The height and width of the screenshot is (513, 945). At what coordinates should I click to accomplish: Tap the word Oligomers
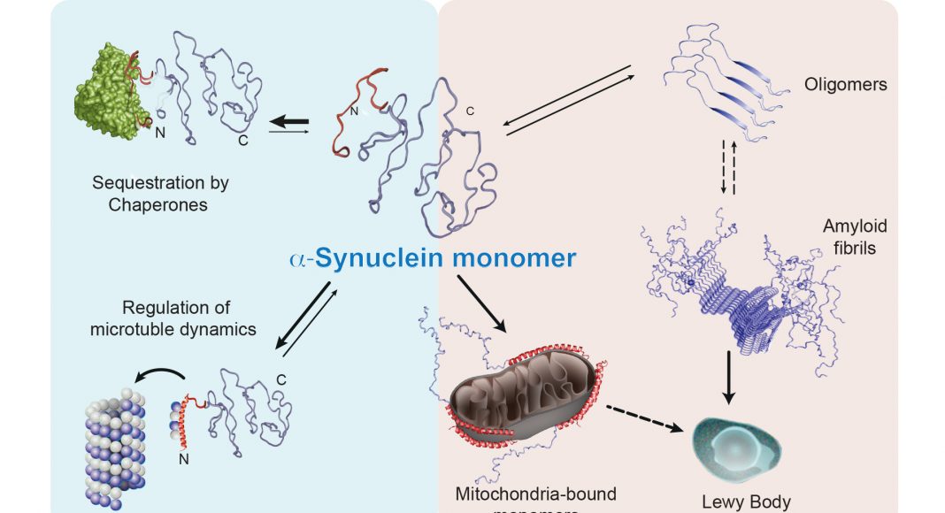coord(846,85)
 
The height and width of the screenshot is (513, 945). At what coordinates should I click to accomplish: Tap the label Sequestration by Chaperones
coord(160,194)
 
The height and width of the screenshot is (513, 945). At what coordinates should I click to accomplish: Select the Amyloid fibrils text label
coord(854,236)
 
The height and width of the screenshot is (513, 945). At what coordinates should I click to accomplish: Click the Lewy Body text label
coord(745,502)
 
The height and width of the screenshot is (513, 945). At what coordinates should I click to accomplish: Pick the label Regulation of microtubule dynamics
coord(189,318)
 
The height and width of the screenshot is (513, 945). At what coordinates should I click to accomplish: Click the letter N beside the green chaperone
coord(159,134)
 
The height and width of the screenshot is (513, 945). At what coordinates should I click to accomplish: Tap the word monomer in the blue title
coord(523,258)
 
